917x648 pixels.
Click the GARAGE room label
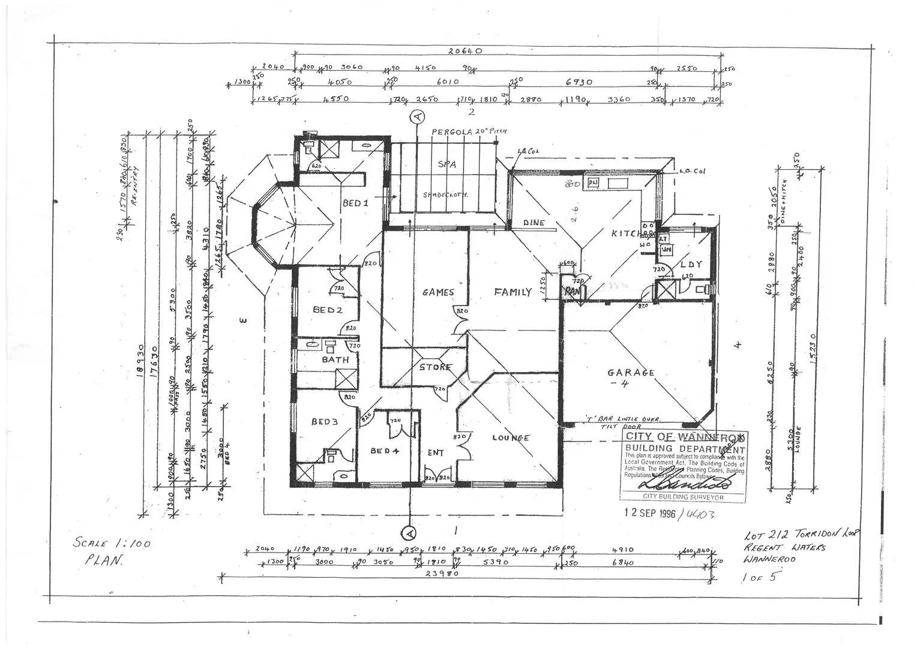click(631, 373)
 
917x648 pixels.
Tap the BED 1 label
click(355, 203)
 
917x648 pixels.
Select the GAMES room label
click(438, 292)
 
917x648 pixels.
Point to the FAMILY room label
click(513, 292)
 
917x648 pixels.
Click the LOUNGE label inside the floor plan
click(511, 437)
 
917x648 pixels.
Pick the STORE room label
click(435, 367)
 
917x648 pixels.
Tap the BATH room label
click(335, 359)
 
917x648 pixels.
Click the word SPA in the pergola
click(447, 163)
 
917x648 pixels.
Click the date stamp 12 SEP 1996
click(650, 514)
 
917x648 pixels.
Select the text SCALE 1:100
click(111, 544)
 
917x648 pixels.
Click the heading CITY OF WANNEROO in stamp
click(684, 437)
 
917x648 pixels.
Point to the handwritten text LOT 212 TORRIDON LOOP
click(802, 535)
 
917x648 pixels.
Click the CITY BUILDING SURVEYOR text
click(683, 497)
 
